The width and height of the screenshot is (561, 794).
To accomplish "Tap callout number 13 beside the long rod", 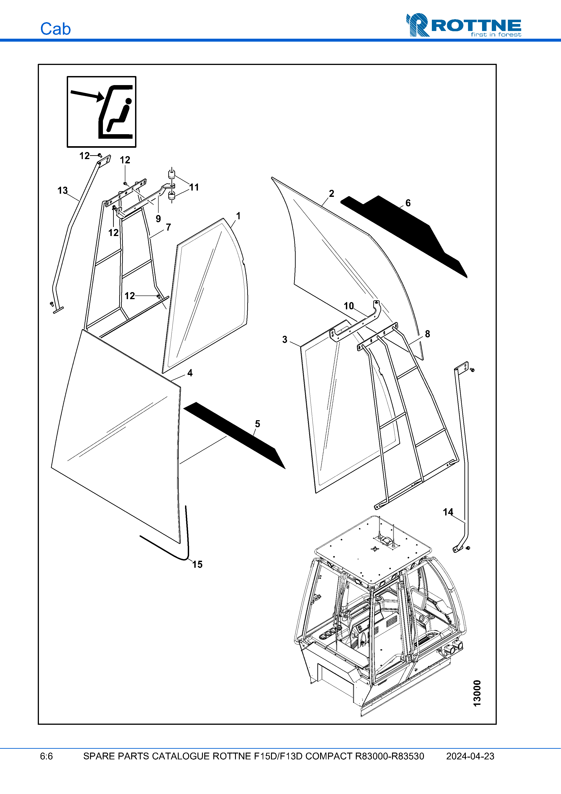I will tap(63, 191).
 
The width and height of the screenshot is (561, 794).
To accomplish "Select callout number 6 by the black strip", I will tap(408, 203).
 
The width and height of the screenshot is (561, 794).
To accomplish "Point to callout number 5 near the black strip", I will tap(257, 424).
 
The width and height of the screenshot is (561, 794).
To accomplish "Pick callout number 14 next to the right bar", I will tap(448, 512).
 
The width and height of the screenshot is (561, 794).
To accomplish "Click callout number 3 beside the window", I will tap(285, 340).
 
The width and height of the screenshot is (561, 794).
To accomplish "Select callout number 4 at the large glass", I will tap(190, 373).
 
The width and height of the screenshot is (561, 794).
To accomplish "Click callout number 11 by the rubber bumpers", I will tap(194, 187).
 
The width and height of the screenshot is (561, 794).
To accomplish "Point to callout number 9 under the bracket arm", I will tap(158, 219).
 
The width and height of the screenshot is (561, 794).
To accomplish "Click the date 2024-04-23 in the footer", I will tap(470, 756).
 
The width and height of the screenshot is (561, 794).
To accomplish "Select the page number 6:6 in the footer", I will tap(46, 756).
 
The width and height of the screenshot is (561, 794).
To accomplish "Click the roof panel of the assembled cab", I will tap(373, 550).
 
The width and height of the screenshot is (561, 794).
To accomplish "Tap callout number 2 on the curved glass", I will tap(331, 194).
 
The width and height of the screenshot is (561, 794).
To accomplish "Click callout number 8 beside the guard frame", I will tap(427, 334).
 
